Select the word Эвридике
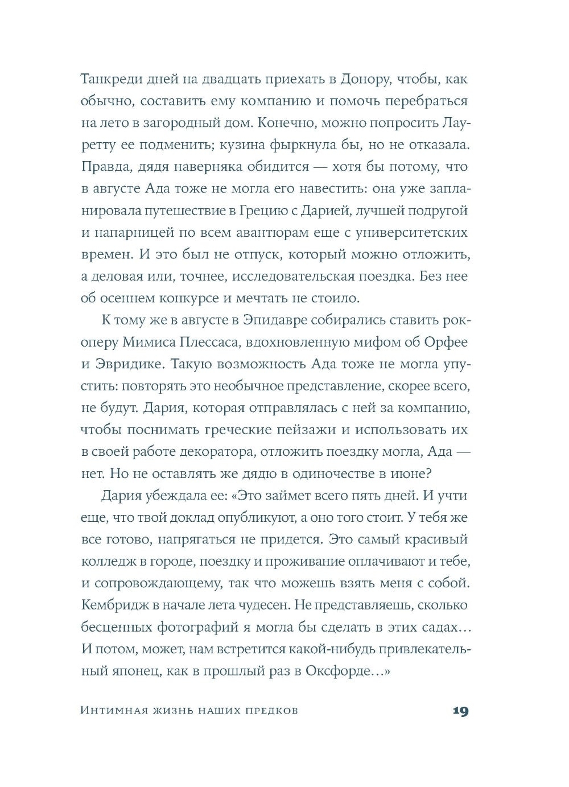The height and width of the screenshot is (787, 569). pos(126,364)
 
